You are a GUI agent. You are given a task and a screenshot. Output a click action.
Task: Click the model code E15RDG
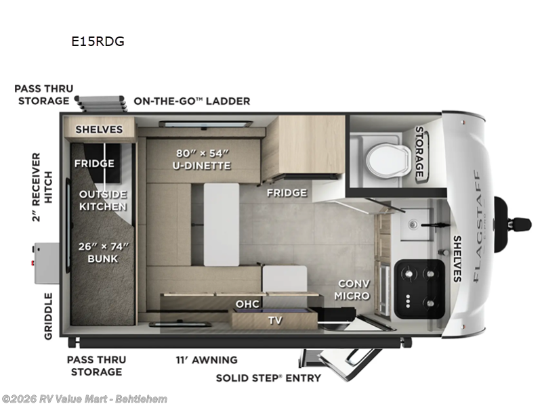coord(98,41)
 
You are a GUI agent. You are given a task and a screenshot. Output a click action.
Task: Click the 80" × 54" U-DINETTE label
coord(202,160)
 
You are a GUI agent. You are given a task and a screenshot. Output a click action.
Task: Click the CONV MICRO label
coord(352,290)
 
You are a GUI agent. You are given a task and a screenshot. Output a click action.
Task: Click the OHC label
coord(247,304)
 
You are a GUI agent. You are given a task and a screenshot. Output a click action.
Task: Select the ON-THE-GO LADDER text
coord(192,101)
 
